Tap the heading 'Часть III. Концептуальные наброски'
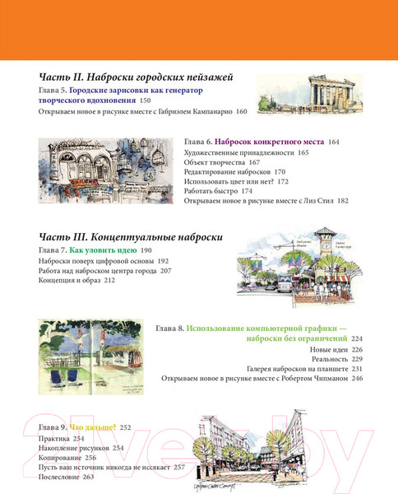(x=131, y=236)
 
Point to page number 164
(x=333, y=142)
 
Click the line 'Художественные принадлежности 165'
(x=247, y=153)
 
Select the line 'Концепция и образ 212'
(x=76, y=281)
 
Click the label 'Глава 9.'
(x=53, y=428)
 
